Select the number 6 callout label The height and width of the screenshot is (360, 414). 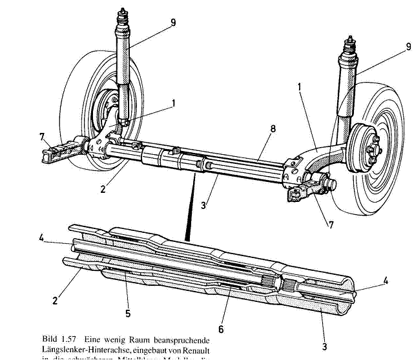(221, 328)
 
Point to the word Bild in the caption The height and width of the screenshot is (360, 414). (52, 338)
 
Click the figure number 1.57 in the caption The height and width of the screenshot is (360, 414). (77, 338)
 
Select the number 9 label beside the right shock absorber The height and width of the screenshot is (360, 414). (408, 46)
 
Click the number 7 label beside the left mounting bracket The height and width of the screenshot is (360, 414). (42, 137)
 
